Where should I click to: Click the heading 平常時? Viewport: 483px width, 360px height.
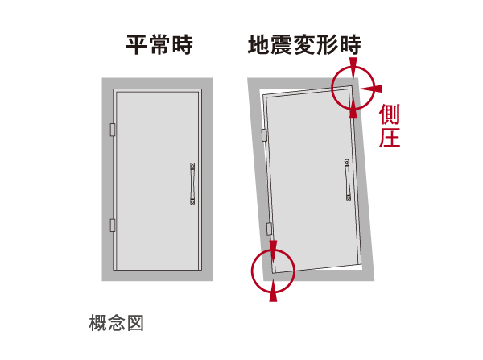pos(159,45)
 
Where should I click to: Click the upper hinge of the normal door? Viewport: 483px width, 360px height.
pos(113,129)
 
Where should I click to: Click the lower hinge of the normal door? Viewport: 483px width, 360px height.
pos(113,226)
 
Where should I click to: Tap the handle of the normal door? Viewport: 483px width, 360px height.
pos(192,184)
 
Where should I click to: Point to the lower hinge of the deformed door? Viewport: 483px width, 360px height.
pos(270,230)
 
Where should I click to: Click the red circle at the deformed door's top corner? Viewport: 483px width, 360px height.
pos(352,86)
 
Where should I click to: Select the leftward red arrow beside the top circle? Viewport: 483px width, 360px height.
pos(370,87)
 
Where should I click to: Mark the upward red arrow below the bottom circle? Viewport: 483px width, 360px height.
pos(273,294)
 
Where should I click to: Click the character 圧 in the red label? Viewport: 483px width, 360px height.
pos(390,138)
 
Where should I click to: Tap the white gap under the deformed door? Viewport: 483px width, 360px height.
pos(338,270)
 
